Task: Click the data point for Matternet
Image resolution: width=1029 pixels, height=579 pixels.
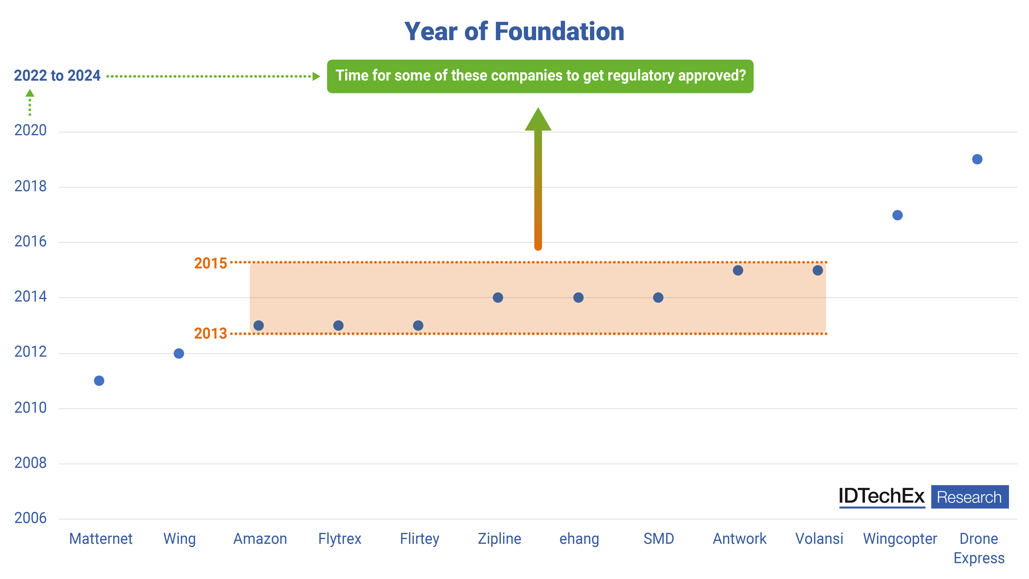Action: point(99,381)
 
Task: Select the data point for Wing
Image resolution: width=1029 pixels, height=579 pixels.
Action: point(179,354)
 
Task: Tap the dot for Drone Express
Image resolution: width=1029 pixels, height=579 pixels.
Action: point(977,160)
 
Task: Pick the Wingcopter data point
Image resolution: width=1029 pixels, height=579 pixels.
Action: point(897,215)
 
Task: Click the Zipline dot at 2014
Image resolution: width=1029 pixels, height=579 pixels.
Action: point(498,298)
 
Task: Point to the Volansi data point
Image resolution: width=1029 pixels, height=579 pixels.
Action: point(818,270)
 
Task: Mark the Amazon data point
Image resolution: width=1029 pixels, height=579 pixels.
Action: point(258,326)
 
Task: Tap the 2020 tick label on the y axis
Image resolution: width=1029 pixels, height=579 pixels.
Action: point(30,130)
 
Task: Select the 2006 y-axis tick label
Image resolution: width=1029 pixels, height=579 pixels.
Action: point(30,518)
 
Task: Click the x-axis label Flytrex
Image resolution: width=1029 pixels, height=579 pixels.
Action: point(340,539)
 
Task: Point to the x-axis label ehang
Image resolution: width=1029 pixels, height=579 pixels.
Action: point(579,539)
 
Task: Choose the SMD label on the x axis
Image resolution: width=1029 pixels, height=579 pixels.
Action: point(659,539)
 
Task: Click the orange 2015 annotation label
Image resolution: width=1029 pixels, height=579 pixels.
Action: point(211,263)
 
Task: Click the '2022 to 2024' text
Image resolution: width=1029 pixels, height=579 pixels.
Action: point(57,76)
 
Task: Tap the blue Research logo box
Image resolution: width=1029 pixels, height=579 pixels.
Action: point(970,497)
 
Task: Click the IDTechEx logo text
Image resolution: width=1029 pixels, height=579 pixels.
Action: point(882,496)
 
